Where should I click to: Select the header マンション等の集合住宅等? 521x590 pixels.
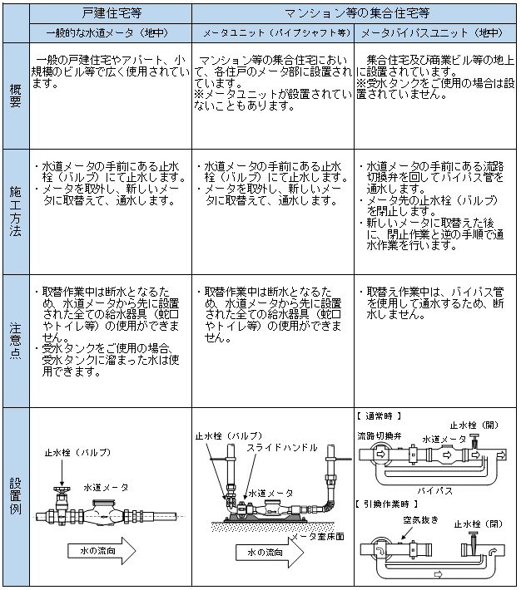pos(356,14)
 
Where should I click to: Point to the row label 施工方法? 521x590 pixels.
pos(17,212)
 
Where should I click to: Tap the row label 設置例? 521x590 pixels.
pos(17,497)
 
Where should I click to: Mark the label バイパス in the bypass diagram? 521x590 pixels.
pos(436,492)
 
